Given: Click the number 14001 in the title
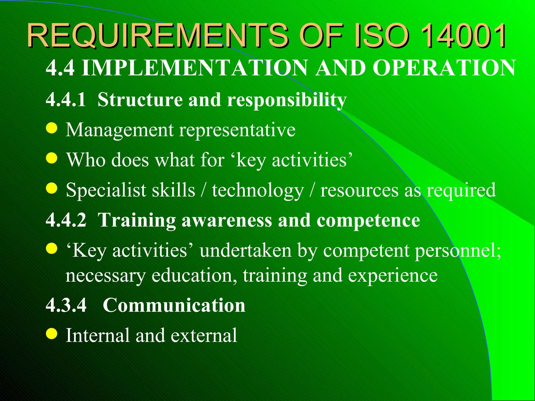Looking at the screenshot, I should [x=463, y=36].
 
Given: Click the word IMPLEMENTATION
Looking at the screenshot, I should [x=195, y=68].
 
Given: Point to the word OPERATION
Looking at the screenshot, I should [x=444, y=68].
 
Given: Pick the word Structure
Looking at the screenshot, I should [x=140, y=100].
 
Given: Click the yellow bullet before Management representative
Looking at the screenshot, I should [x=51, y=128].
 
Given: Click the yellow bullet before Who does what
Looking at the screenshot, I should [x=51, y=158].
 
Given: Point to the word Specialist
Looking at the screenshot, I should [x=106, y=190].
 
